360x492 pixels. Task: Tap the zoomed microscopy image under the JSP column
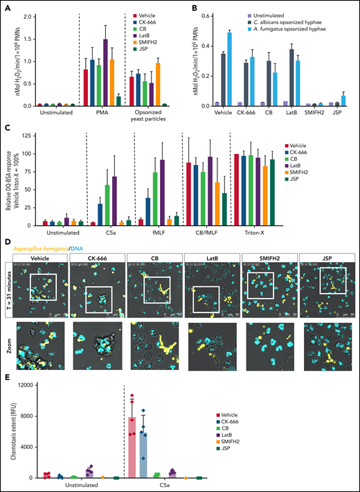click(x=325, y=348)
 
